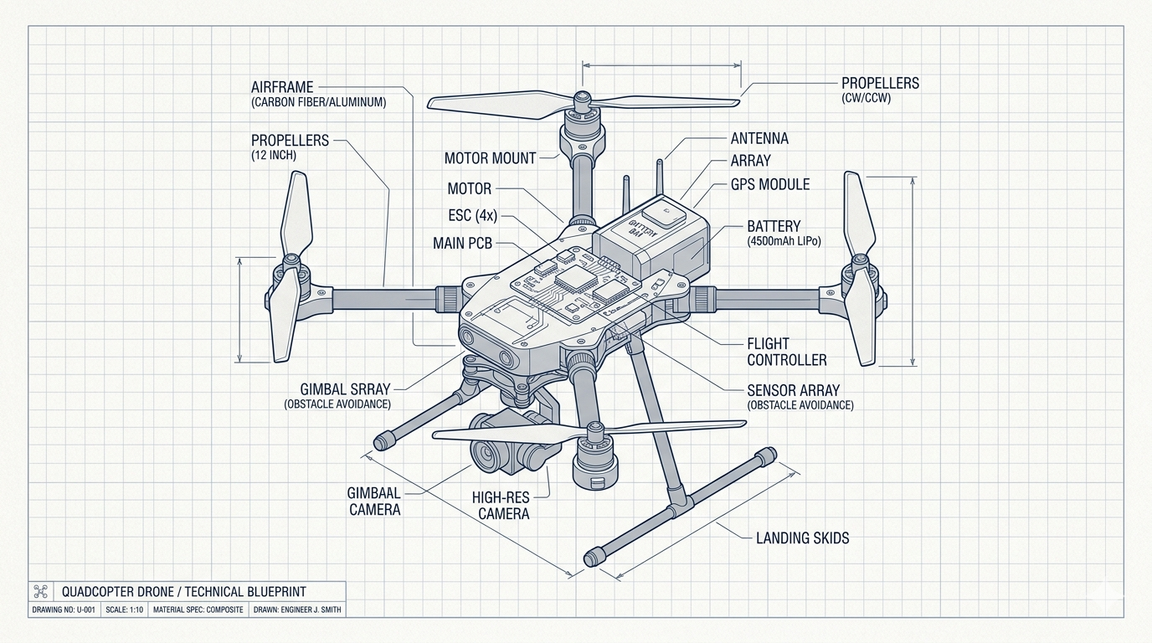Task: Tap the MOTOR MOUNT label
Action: (490, 157)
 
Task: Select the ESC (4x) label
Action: (472, 215)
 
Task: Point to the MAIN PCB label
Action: (463, 243)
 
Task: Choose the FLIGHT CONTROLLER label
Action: (786, 352)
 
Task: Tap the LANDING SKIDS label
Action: (802, 538)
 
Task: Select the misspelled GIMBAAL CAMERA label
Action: (374, 501)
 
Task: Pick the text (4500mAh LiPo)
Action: (785, 241)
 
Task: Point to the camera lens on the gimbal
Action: (486, 455)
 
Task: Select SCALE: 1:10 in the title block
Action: (125, 610)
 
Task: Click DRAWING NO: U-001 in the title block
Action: (64, 610)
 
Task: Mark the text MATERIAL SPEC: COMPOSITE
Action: (198, 610)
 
